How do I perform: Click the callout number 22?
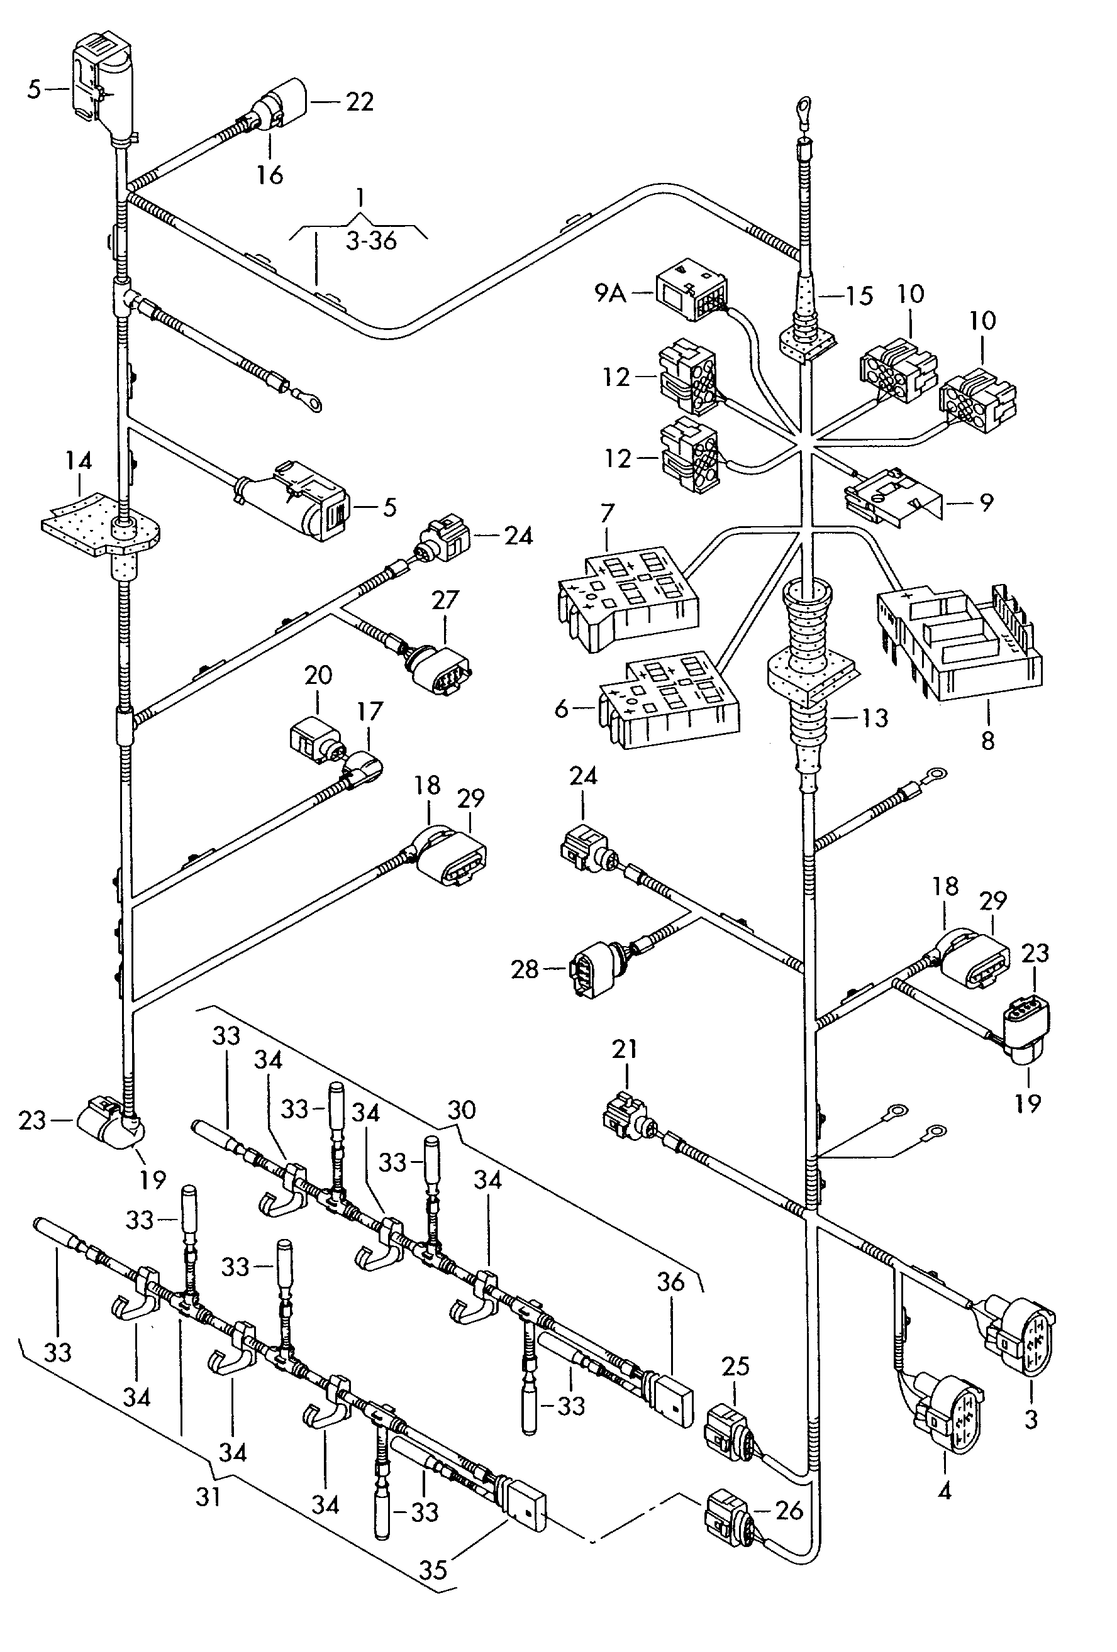pos(360,102)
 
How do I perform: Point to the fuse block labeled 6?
pos(669,702)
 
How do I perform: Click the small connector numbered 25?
pos(725,1430)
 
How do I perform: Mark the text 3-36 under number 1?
pos(370,241)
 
